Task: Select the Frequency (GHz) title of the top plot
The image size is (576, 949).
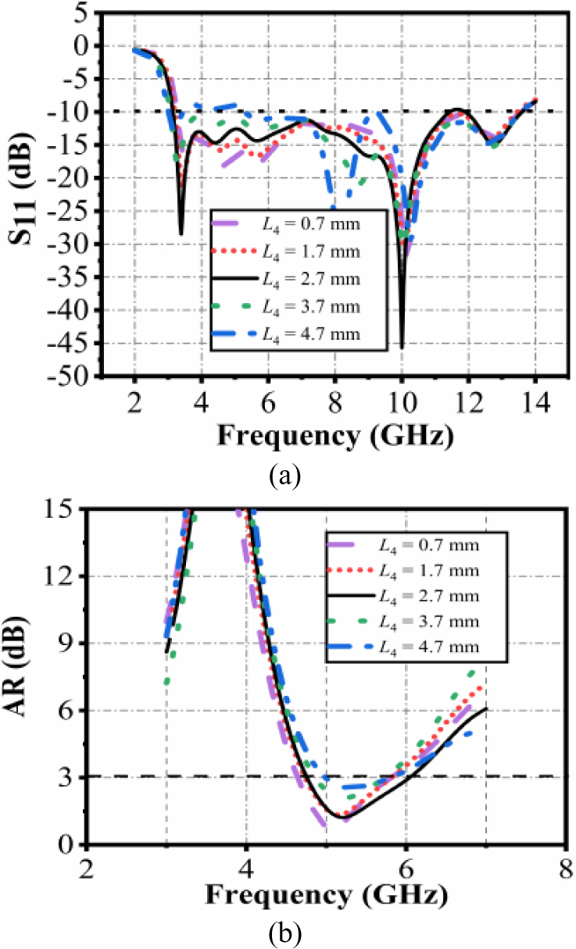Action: pos(335,434)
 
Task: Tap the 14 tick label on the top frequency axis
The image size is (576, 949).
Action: pos(535,405)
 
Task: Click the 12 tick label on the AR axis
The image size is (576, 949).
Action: pos(66,576)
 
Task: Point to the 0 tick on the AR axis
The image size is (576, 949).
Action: pos(71,845)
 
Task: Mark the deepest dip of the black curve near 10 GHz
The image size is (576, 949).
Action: pos(402,347)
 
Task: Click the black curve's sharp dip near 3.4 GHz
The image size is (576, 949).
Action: pos(181,234)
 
